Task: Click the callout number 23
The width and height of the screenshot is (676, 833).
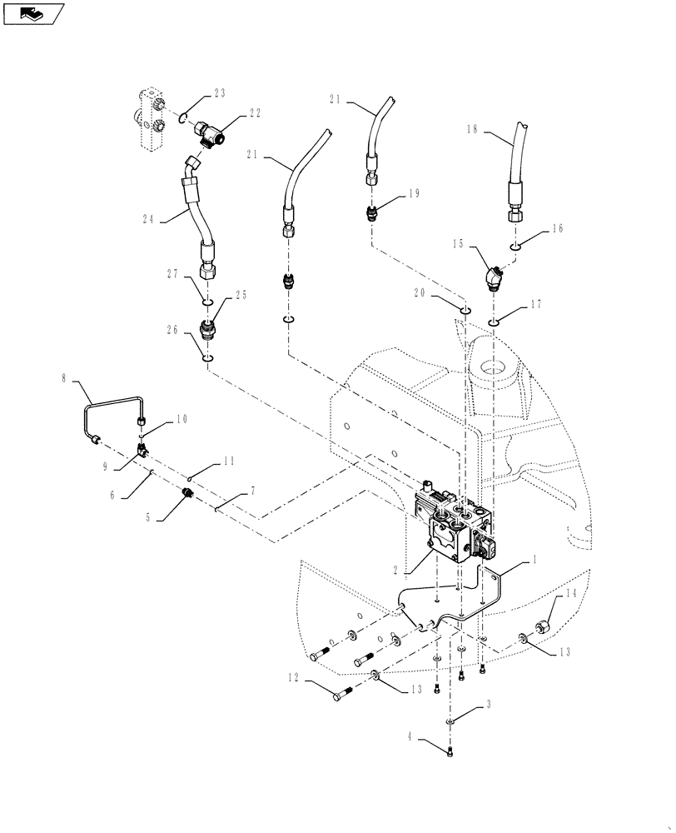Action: click(219, 93)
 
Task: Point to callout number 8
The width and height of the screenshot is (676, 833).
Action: click(65, 378)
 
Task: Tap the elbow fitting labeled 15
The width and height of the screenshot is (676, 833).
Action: click(492, 277)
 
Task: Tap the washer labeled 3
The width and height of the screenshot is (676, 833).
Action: click(450, 721)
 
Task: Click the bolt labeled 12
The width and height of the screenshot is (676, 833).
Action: click(342, 692)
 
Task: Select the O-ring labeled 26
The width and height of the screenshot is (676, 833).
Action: click(207, 359)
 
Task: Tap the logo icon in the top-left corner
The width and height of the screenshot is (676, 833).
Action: click(34, 12)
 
